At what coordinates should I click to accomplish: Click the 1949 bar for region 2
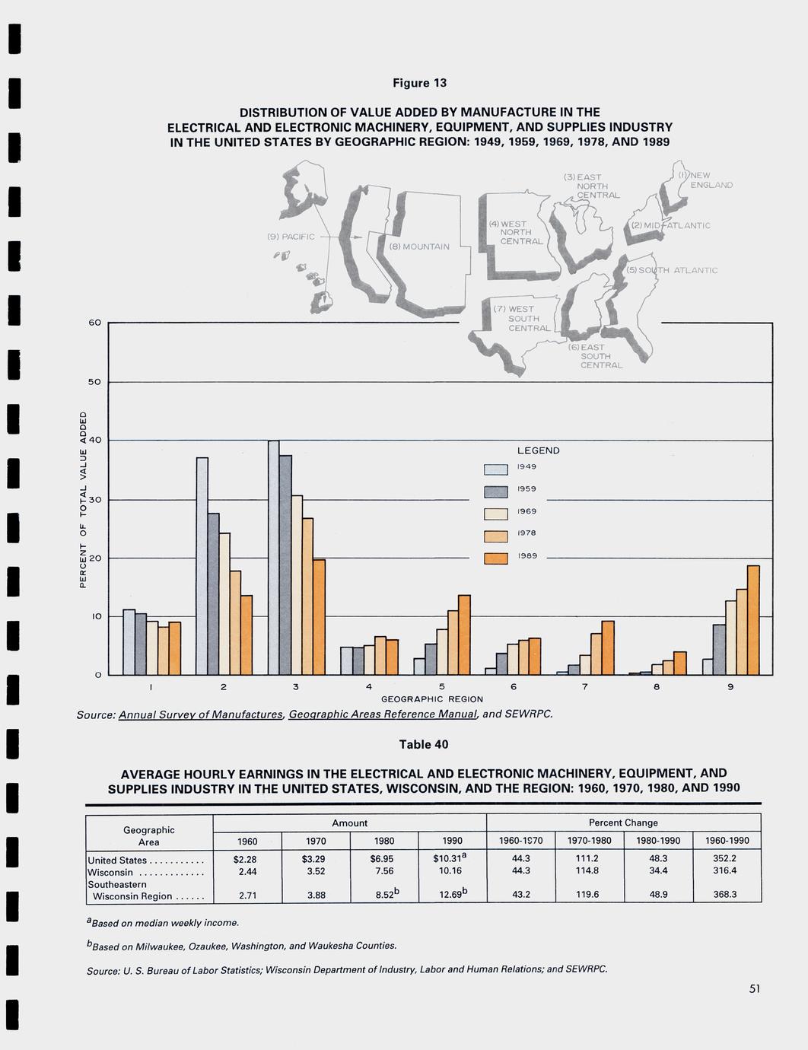(202, 566)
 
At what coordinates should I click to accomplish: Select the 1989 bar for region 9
(753, 620)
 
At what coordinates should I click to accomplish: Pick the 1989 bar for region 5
(464, 635)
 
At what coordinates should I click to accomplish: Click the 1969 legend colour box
(495, 514)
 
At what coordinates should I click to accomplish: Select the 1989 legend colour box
(495, 558)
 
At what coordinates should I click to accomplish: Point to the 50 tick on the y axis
(94, 382)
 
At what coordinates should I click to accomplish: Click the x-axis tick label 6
(514, 687)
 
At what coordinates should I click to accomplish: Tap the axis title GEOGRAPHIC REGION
(432, 698)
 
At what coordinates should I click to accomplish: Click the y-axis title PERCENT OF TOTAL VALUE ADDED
(83, 499)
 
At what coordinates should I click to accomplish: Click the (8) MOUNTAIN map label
(419, 247)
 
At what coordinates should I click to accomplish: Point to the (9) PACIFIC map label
(291, 237)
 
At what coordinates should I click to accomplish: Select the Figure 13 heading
(419, 83)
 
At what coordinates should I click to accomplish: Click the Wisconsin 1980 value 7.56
(384, 871)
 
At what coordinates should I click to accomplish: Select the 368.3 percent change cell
(725, 895)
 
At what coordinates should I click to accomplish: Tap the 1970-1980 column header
(589, 841)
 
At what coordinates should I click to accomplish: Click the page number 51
(755, 989)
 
